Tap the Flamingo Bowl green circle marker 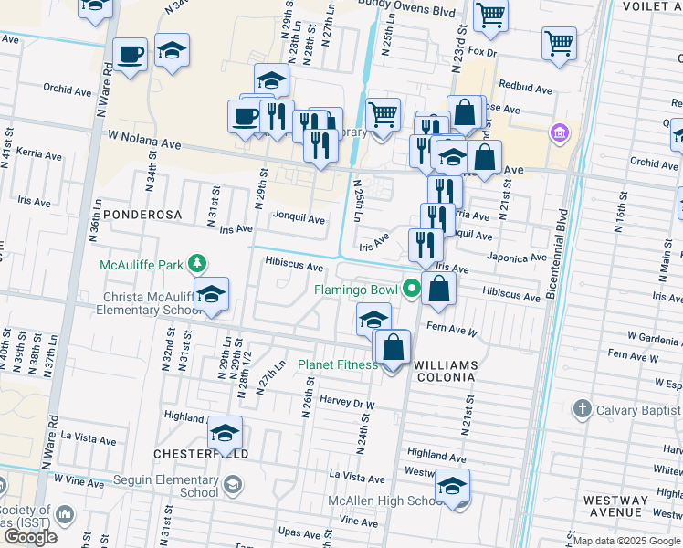pyautogui.click(x=411, y=290)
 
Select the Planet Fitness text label pyautogui.click(x=338, y=365)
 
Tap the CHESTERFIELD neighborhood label pyautogui.click(x=188, y=454)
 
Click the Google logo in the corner pyautogui.click(x=30, y=536)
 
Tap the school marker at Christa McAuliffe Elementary pyautogui.click(x=211, y=295)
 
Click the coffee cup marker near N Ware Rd pyautogui.click(x=131, y=54)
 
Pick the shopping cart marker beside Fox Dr pyautogui.click(x=559, y=42)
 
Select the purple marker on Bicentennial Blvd pyautogui.click(x=559, y=134)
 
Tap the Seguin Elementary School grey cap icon pyautogui.click(x=233, y=484)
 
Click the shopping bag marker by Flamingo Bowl pyautogui.click(x=439, y=290)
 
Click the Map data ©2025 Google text pyautogui.click(x=625, y=541)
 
